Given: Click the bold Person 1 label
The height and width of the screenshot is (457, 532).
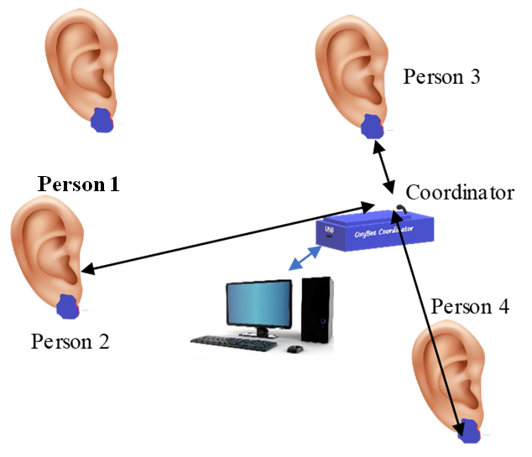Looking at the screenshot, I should tap(77, 184).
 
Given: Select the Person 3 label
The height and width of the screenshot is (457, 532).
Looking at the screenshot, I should tap(441, 77).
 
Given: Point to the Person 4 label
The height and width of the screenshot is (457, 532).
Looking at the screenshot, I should tap(470, 306).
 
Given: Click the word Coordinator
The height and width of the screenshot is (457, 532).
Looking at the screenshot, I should tap(460, 192).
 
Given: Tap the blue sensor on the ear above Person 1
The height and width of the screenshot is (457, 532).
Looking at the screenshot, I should tap(102, 120).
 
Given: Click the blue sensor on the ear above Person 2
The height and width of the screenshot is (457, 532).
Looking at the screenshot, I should tap(67, 306).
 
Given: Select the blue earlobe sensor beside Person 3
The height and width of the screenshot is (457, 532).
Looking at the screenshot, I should tap(372, 126).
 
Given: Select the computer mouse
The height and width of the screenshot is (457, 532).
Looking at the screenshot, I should tap(293, 347).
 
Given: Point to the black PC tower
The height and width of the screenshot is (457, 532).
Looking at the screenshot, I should tap(316, 311).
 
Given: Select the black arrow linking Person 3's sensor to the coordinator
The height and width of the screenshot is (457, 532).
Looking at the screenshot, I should tap(386, 165).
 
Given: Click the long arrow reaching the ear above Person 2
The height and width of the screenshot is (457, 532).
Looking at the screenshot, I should tap(227, 236).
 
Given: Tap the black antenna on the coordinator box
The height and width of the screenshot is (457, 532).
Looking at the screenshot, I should tap(402, 210).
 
